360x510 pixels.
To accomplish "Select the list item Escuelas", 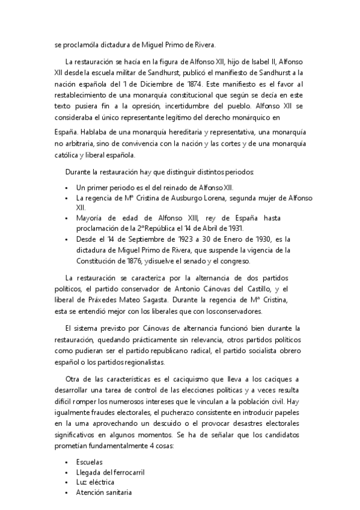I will [x=90, y=461].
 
